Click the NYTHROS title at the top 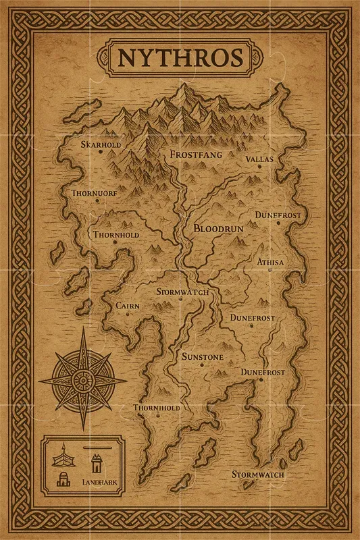coord(180,57)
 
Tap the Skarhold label coord(101,144)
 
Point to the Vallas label coord(259,159)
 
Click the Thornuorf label coord(95,193)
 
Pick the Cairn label coord(128,306)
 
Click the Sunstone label coord(202,356)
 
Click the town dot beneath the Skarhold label coord(101,153)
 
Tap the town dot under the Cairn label coord(128,315)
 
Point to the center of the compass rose coord(83,379)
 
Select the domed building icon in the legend coord(63,480)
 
